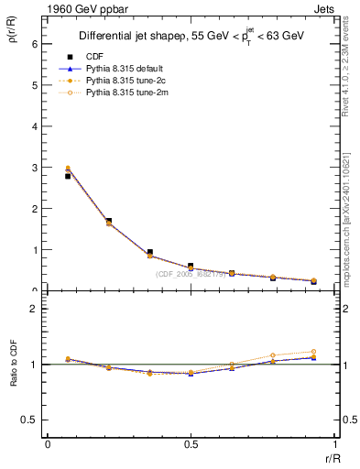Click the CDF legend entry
pos(93,57)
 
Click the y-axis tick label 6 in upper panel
pos(34,44)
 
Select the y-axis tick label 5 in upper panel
pos(34,85)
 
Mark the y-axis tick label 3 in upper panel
pos(34,168)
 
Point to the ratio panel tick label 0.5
pos(29,420)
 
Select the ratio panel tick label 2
pos(34,309)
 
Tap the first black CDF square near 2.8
pos(68,176)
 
